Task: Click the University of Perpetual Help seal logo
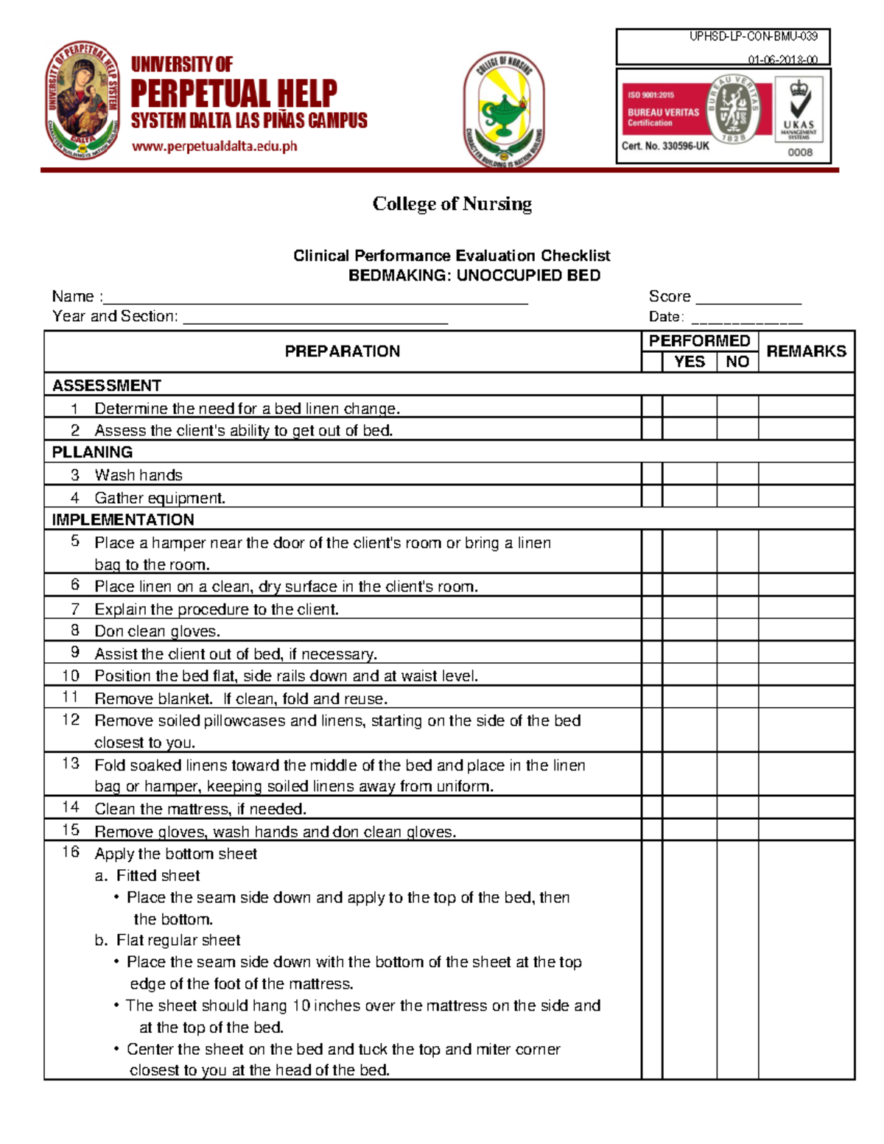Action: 83,100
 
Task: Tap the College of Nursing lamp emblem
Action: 504,110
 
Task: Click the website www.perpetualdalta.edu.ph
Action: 214,146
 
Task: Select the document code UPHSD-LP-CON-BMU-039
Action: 753,36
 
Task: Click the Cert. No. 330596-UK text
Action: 665,146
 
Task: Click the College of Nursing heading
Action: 452,203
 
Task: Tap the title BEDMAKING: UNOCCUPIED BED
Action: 474,276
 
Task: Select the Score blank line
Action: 748,298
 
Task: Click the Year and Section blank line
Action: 315,318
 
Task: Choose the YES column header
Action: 690,362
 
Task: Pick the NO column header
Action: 737,362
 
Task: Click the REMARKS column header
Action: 806,351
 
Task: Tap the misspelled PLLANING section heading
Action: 92,452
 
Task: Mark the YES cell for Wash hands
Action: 690,474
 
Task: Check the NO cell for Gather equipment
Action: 737,497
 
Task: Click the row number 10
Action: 71,675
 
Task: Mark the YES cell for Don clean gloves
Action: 690,631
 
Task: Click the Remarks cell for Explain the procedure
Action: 806,608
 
